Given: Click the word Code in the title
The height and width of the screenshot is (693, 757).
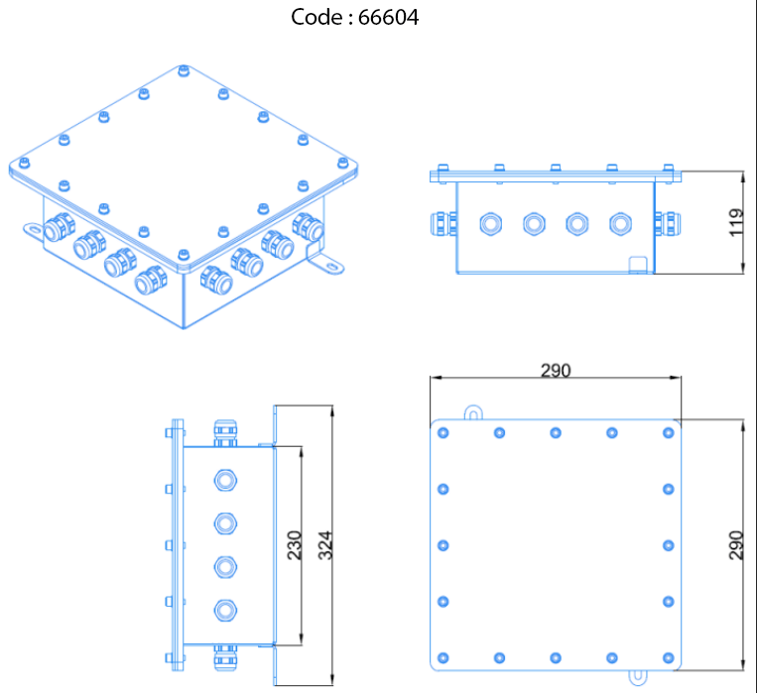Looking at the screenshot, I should [x=315, y=18].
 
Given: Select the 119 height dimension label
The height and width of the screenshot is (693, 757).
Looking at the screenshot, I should [x=735, y=222].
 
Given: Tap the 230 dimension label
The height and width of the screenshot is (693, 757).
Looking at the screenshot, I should [x=295, y=546].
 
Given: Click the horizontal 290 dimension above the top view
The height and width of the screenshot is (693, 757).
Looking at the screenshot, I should [x=556, y=371].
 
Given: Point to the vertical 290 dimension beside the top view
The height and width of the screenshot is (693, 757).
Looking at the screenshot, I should [x=735, y=546].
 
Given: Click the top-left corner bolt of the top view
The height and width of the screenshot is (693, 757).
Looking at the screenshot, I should [x=442, y=432].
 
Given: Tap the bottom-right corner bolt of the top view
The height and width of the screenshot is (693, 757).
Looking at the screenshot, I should [x=669, y=657].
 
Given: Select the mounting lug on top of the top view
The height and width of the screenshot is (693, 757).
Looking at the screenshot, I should [x=474, y=410].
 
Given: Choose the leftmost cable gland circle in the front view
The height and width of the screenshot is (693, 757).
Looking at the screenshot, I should [x=489, y=222].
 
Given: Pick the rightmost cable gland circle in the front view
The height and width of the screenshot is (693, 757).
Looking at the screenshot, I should [x=620, y=222].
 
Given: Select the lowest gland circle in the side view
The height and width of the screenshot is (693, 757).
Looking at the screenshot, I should [x=226, y=610].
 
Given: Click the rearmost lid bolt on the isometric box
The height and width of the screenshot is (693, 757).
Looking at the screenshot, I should [x=182, y=70].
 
